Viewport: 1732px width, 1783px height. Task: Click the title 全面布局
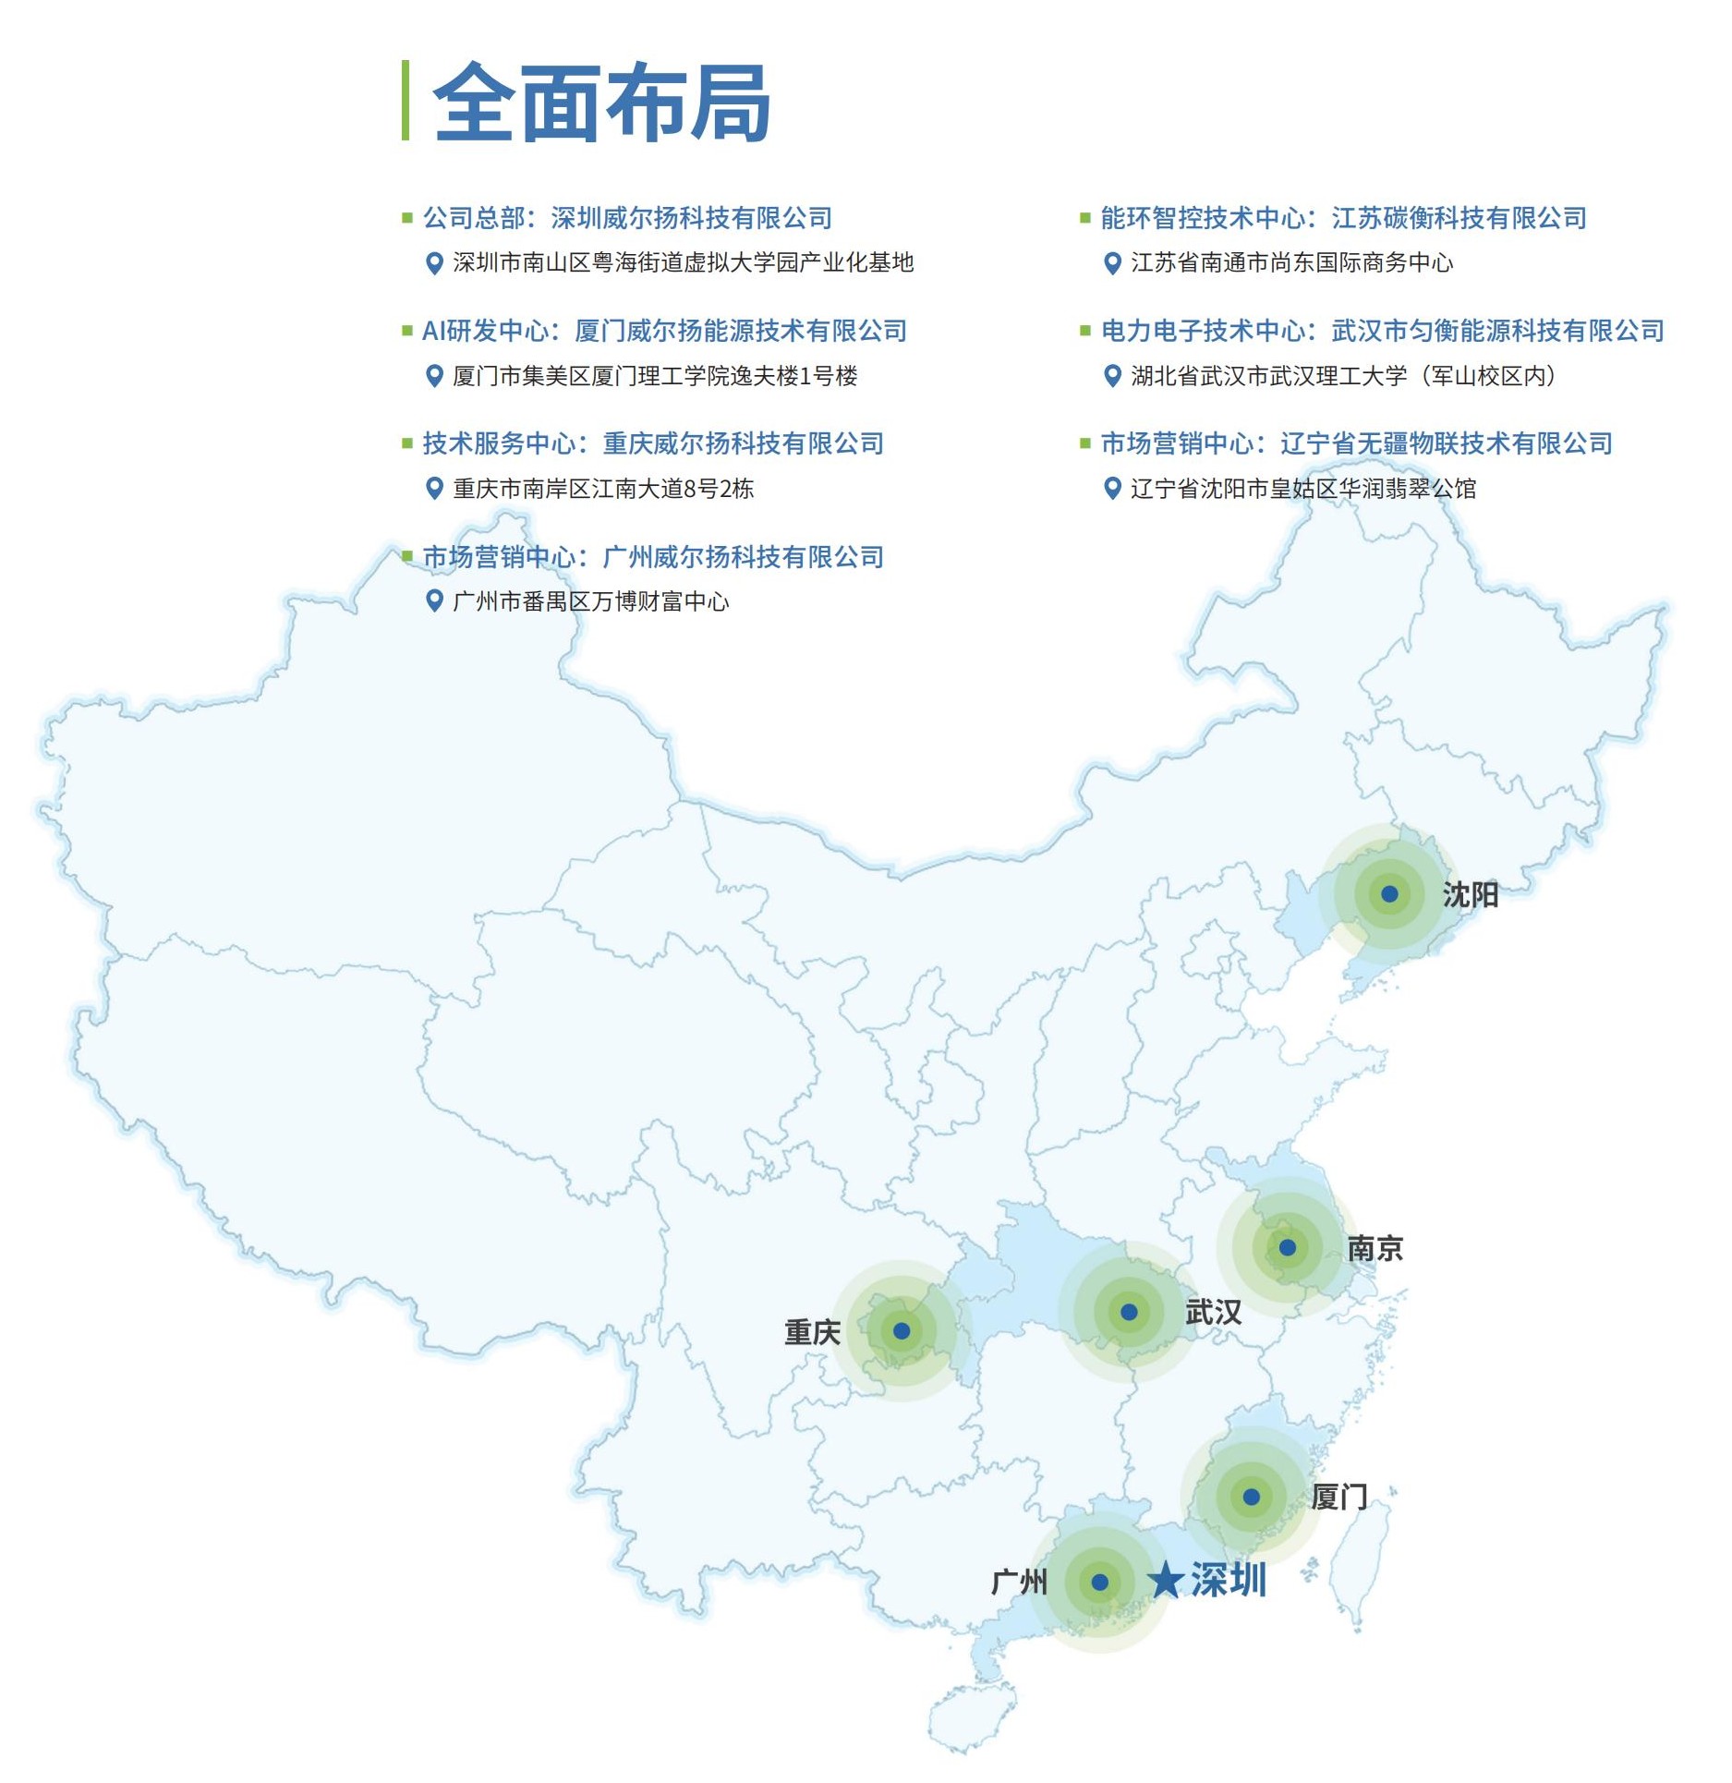(601, 103)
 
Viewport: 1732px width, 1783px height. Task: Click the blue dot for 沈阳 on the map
(1389, 893)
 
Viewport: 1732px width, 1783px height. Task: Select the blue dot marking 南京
(1287, 1248)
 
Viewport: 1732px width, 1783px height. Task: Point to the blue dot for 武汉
(1129, 1312)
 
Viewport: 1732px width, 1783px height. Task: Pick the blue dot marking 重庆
(902, 1331)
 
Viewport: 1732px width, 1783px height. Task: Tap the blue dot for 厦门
(1251, 1497)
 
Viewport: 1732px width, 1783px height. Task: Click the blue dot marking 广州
(1099, 1583)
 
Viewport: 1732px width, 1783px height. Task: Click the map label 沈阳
(1471, 894)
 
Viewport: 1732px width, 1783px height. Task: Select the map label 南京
(1375, 1249)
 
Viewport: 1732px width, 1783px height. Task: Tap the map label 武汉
(1213, 1312)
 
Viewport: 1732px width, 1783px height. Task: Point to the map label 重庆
(812, 1332)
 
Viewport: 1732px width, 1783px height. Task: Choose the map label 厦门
(1339, 1497)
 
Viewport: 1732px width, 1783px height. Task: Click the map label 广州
(1019, 1583)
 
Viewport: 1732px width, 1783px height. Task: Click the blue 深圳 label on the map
(1228, 1580)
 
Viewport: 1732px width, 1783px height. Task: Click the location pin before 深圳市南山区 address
(433, 263)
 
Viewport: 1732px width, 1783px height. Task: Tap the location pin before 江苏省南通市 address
(1112, 263)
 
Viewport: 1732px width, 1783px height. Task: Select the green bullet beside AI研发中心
(406, 331)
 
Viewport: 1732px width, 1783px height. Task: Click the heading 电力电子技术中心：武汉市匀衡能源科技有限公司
(1382, 331)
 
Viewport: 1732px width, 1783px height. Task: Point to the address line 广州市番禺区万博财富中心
(590, 601)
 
